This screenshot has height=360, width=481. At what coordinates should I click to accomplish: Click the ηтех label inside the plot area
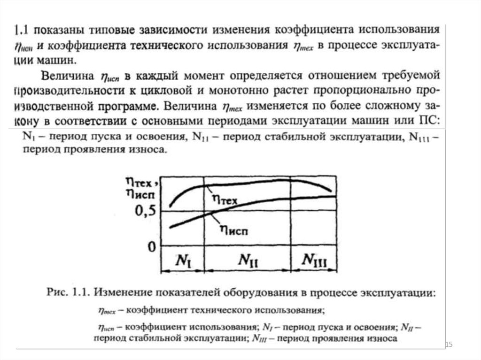[x=225, y=199]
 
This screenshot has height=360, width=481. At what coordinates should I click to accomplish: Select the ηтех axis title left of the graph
[x=142, y=180]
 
